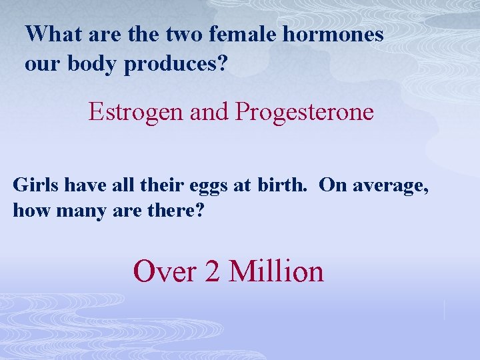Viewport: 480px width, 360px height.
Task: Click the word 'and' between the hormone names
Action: [x=209, y=112]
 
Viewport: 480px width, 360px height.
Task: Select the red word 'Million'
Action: [x=276, y=271]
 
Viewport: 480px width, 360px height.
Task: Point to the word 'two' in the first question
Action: [x=181, y=33]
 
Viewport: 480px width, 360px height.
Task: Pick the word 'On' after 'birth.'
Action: [x=329, y=185]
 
